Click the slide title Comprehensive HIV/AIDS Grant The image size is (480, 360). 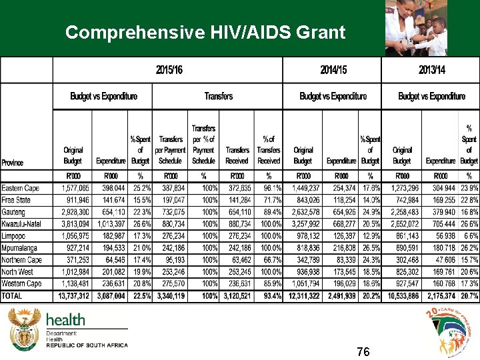(x=205, y=32)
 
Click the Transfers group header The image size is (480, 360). (x=219, y=96)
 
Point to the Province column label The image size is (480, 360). (x=13, y=162)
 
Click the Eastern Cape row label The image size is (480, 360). (x=21, y=188)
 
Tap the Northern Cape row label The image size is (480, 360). (x=22, y=259)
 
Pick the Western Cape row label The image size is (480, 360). (x=21, y=283)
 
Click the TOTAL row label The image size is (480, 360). (x=12, y=295)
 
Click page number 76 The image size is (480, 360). (x=363, y=351)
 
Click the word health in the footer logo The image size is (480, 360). (x=65, y=320)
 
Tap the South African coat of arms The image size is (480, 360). (x=24, y=329)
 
